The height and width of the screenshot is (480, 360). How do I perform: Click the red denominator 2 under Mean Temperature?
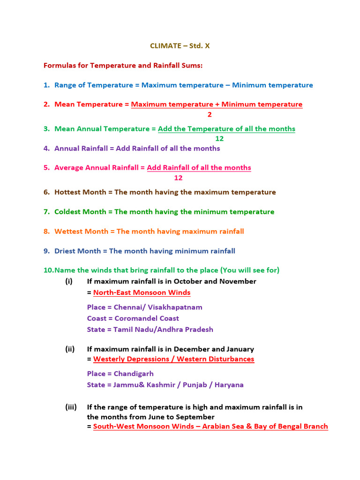[210, 114]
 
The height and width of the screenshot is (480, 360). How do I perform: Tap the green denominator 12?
[219, 139]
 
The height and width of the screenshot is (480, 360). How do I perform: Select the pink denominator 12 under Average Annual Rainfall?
[178, 178]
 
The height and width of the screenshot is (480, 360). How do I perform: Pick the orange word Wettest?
[69, 232]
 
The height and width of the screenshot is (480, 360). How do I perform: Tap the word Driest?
[65, 251]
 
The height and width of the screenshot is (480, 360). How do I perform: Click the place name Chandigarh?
[134, 374]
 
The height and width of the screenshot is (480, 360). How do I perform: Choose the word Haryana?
[229, 385]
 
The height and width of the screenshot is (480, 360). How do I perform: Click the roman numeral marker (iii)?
[71, 407]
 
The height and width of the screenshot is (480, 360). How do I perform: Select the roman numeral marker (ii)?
[70, 349]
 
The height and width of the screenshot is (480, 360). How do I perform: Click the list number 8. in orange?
[46, 232]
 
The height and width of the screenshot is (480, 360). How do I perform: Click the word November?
[237, 282]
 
